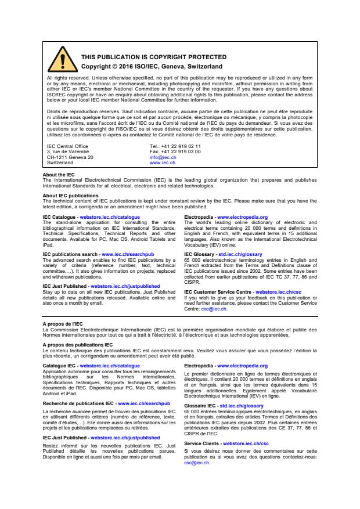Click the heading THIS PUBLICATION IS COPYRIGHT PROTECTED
pyautogui.click(x=153, y=57)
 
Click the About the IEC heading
pyautogui.click(x=59, y=175)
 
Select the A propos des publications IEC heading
pyautogui.click(x=78, y=344)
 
